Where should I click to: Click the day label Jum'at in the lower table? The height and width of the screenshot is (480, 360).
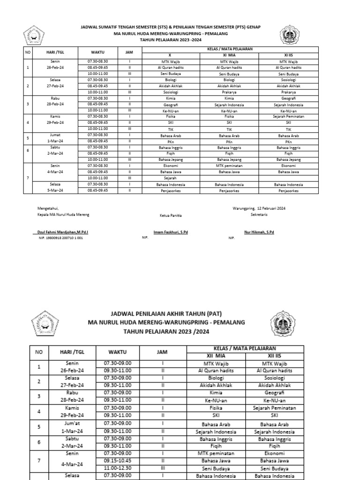tap(72, 422)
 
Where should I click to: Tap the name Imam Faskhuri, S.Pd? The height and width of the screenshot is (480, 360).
tap(171, 232)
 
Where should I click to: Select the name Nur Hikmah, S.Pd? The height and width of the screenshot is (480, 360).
tap(259, 232)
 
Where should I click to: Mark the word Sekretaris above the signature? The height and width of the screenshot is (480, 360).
tap(259, 214)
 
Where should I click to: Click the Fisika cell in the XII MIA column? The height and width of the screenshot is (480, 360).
tap(216, 408)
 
